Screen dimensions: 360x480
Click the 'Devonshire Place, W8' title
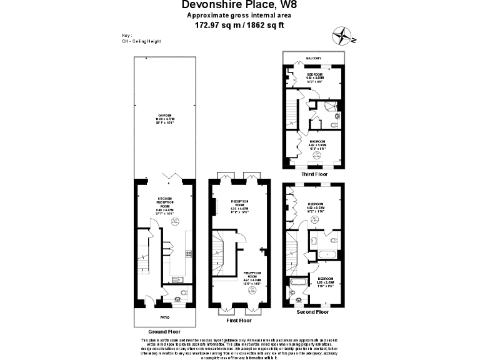(x=240, y=5)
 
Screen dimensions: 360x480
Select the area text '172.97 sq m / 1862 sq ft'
(x=240, y=26)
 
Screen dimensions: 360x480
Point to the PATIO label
(x=165, y=317)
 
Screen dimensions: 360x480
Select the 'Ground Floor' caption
(x=164, y=331)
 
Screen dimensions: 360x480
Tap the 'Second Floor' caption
(x=313, y=311)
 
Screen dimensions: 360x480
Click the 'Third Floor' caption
(x=314, y=174)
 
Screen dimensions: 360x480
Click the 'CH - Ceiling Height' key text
(x=142, y=41)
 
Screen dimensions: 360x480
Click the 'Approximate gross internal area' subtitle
(x=240, y=16)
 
